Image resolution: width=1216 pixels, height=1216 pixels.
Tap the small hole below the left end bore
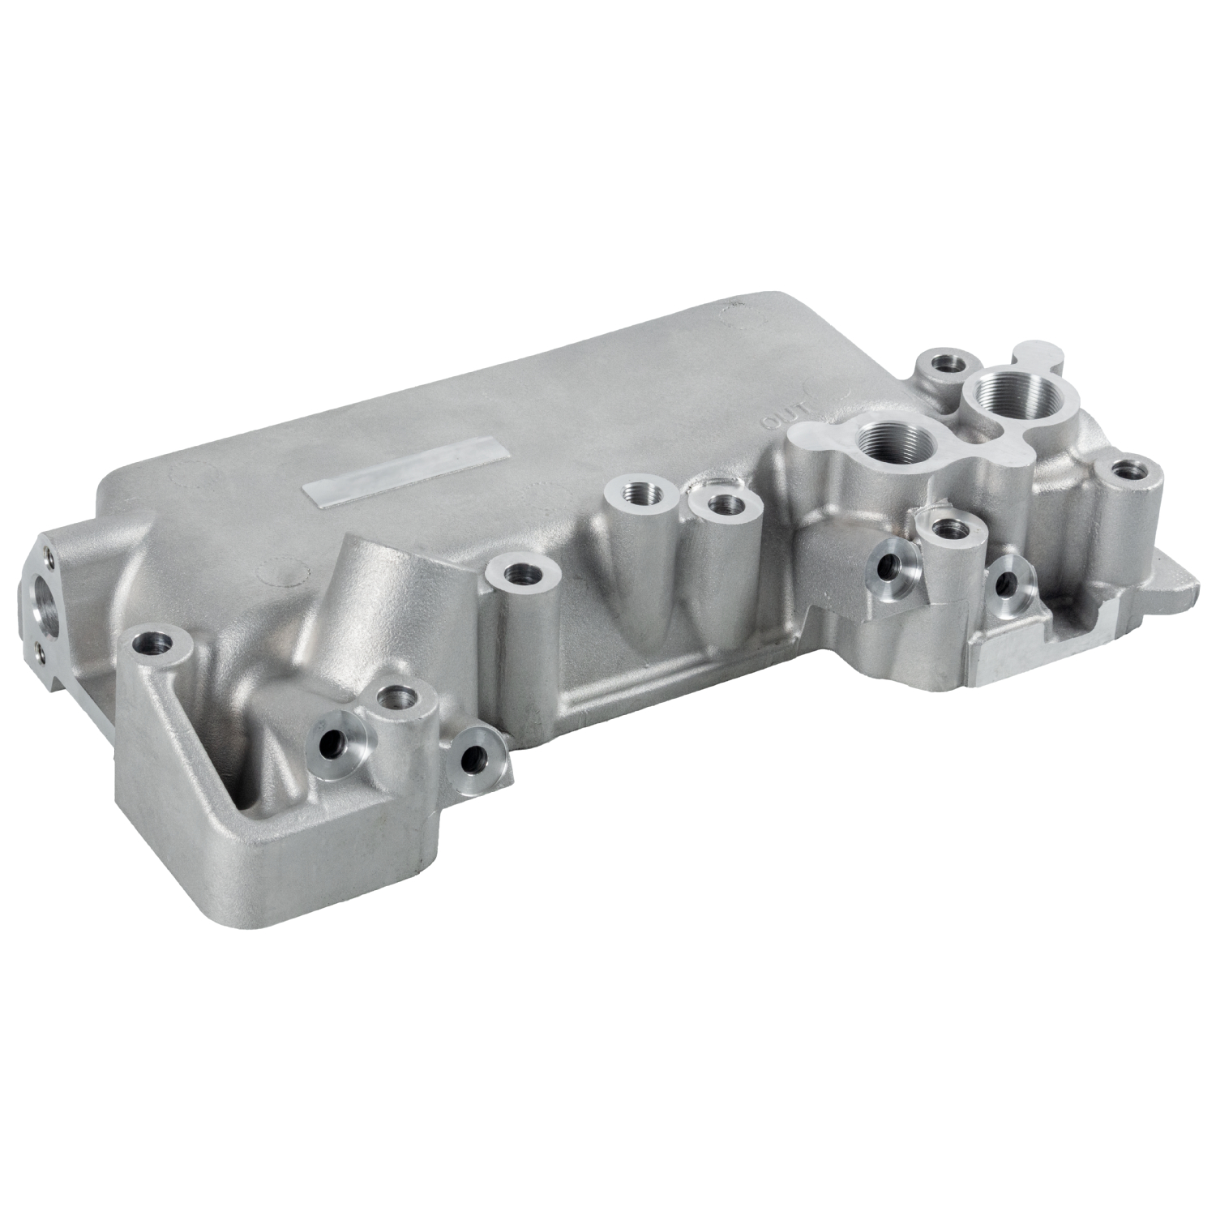tap(41, 649)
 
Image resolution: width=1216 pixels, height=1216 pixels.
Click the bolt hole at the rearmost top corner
tap(944, 362)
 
